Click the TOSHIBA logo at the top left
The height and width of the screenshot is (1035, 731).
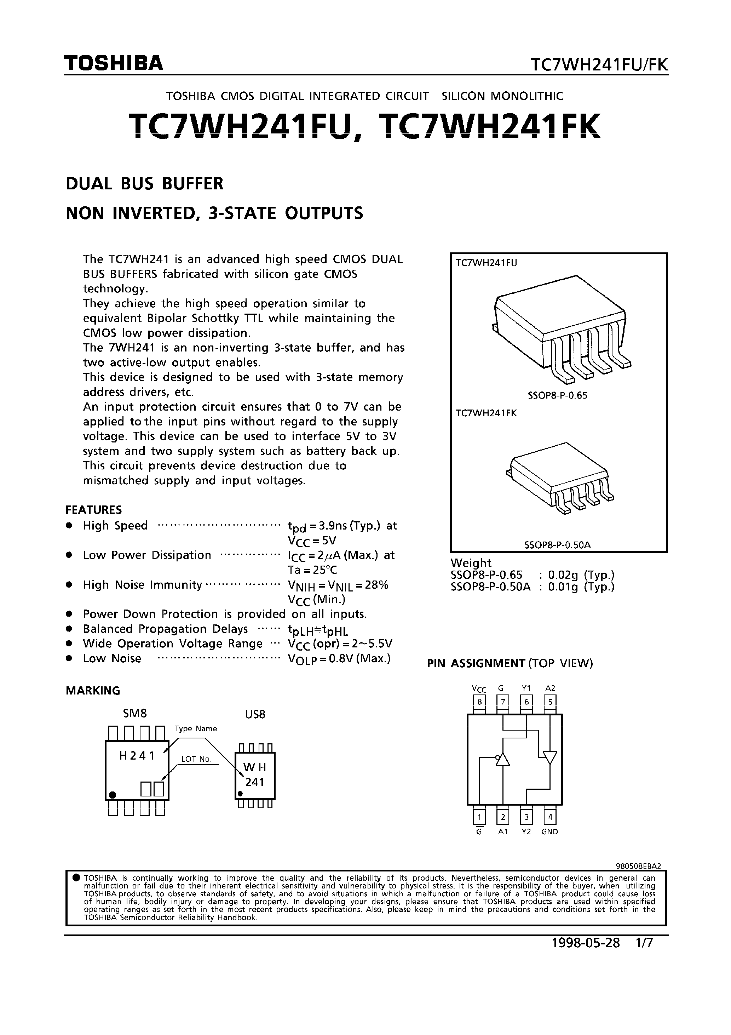(114, 64)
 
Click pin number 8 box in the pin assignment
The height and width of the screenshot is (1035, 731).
(479, 702)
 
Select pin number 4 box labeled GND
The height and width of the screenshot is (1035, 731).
(550, 817)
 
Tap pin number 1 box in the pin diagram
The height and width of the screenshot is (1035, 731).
(479, 817)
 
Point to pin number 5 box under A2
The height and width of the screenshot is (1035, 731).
(550, 702)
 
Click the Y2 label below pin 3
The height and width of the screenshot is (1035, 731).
(526, 832)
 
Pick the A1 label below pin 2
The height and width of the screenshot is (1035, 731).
(502, 832)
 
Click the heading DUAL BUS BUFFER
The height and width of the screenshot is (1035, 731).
(145, 184)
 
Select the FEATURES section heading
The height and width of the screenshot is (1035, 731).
(94, 510)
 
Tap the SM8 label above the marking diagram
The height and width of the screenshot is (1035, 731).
(135, 714)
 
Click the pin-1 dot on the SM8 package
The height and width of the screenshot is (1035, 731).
(113, 794)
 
